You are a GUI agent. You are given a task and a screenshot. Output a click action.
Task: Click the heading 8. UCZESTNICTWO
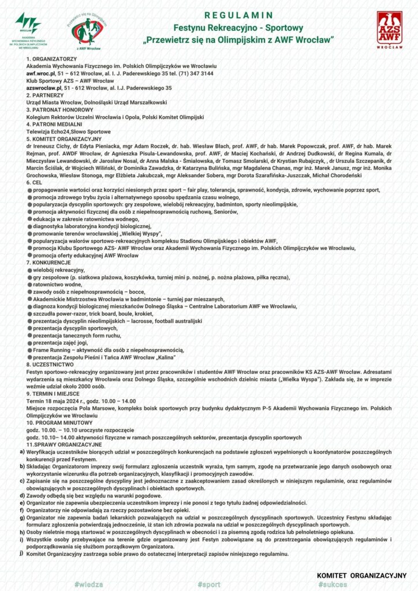coord(50,365)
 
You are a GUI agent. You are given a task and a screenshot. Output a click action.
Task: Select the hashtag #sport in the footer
coord(208,584)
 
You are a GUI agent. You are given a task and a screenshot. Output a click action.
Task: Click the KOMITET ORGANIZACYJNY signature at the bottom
coord(361,575)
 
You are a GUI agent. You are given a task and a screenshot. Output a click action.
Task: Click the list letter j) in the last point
coord(21,553)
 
